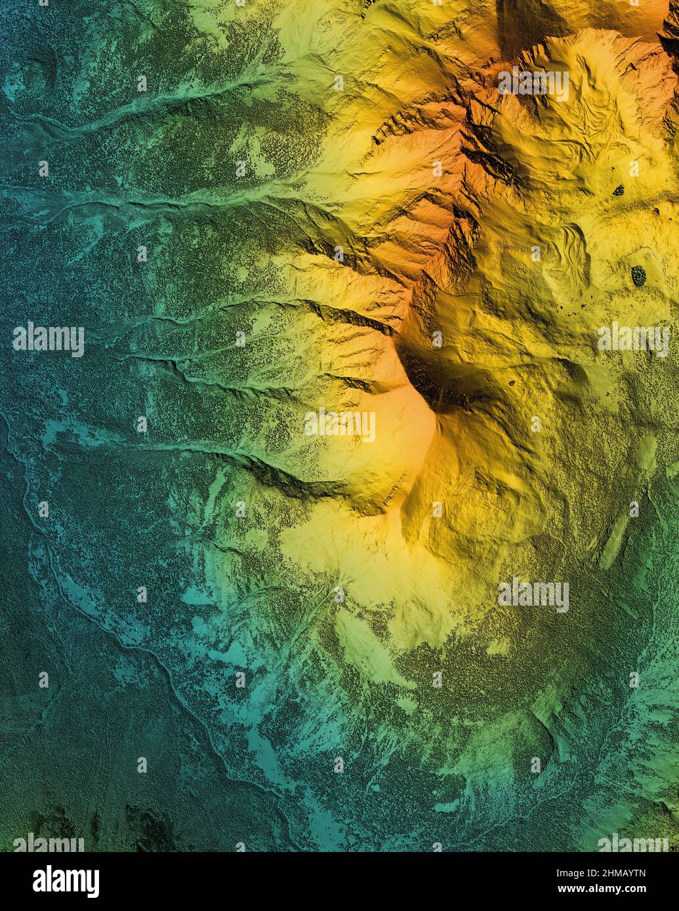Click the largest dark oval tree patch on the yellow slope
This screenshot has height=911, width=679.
point(638,275)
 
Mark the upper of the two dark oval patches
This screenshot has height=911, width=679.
point(618,190)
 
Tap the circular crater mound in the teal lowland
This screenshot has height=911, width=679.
point(33,75)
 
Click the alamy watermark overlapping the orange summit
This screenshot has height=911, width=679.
point(340,425)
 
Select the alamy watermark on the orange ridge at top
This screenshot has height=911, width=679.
point(533,83)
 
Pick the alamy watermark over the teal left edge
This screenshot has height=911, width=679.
point(48,339)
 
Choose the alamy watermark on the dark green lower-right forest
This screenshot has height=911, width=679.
point(533,595)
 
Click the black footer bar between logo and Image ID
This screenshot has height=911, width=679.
point(328,882)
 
